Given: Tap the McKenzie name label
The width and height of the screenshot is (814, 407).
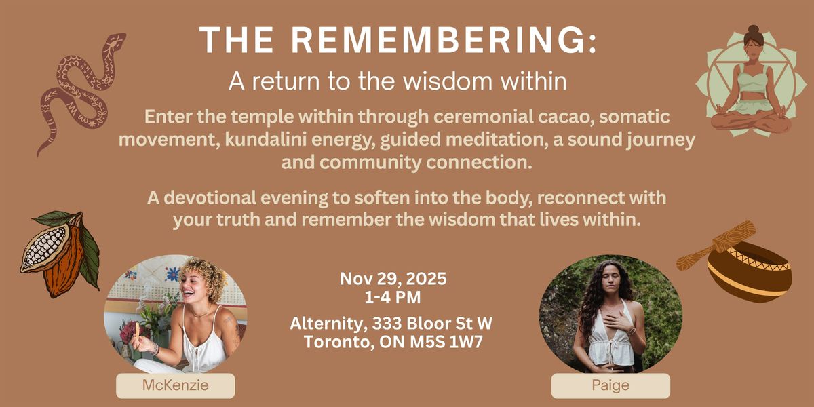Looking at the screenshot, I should tap(175, 386).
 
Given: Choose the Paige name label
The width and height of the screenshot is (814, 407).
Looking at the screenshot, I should tap(610, 386).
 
